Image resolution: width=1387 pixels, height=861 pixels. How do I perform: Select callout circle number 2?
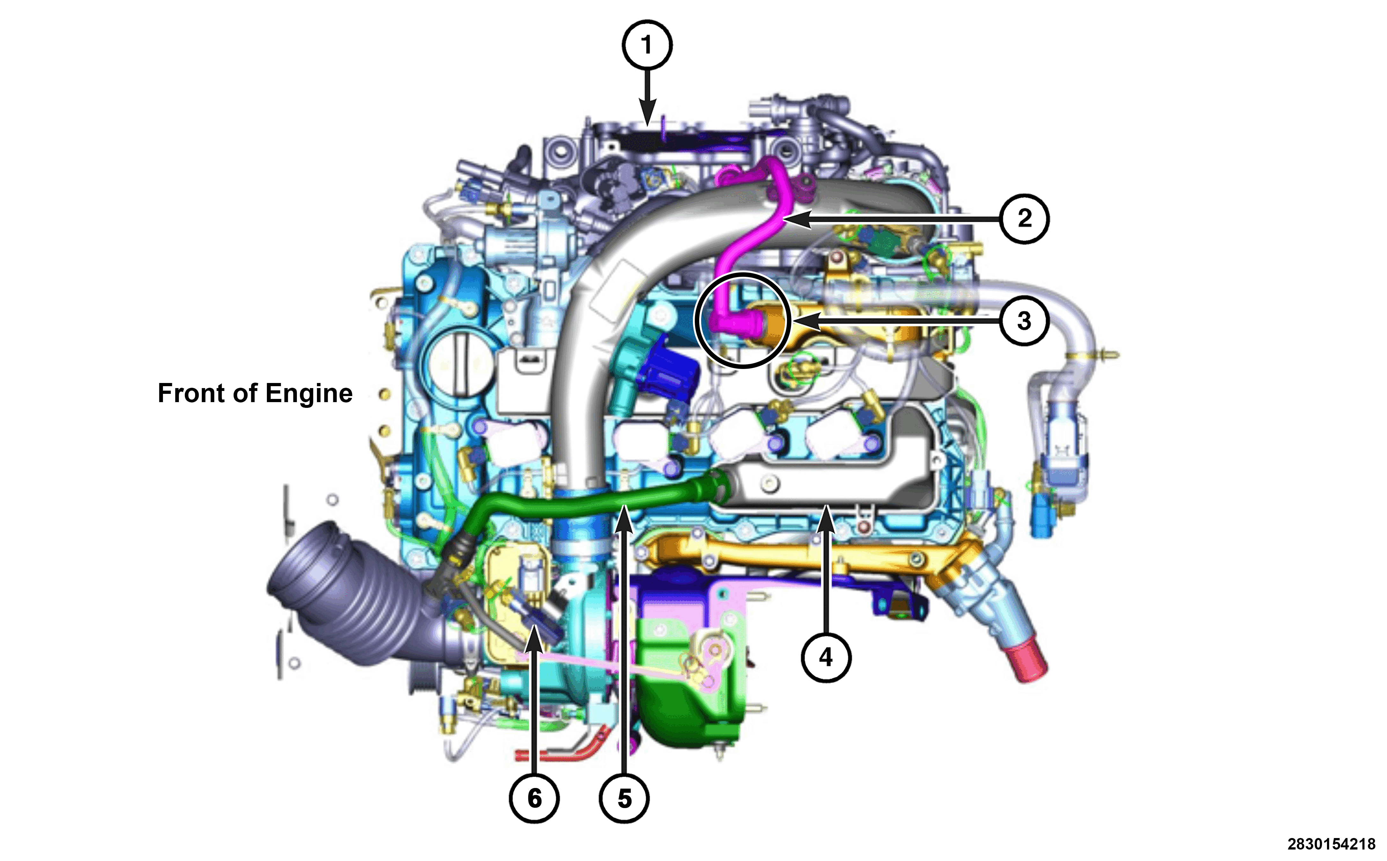(x=1024, y=219)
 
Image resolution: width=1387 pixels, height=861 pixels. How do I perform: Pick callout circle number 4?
(x=826, y=657)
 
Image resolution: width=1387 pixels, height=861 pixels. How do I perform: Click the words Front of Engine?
(x=255, y=394)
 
